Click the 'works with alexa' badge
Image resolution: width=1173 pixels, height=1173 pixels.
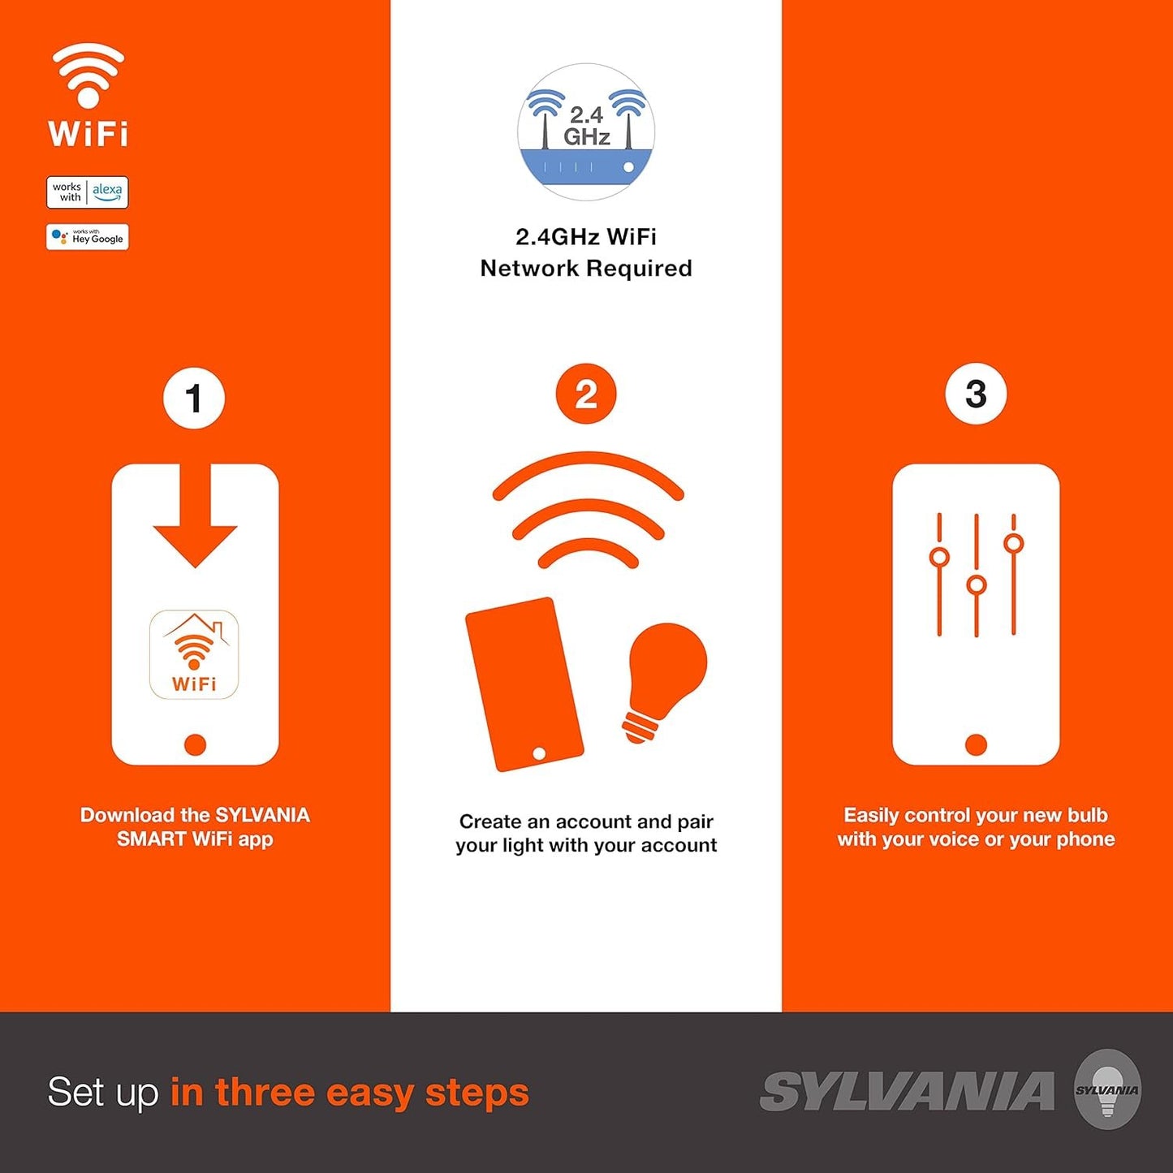click(87, 192)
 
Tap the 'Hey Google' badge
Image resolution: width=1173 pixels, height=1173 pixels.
click(87, 237)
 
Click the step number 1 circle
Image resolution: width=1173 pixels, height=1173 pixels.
click(194, 399)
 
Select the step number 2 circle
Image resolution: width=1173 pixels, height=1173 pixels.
click(586, 394)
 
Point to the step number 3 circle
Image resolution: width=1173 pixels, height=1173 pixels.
click(976, 394)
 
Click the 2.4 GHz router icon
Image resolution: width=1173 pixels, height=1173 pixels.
click(586, 132)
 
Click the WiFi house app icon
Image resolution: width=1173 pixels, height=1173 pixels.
click(194, 654)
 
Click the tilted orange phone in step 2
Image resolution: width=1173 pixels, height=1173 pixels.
click(524, 684)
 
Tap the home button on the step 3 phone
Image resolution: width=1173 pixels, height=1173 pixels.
click(976, 744)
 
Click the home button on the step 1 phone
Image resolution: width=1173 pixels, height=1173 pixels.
click(195, 744)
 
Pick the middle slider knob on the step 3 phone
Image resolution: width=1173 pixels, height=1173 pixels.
click(977, 585)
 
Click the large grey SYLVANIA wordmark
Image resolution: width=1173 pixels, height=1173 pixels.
click(907, 1092)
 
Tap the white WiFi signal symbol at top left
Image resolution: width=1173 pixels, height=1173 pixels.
click(88, 75)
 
